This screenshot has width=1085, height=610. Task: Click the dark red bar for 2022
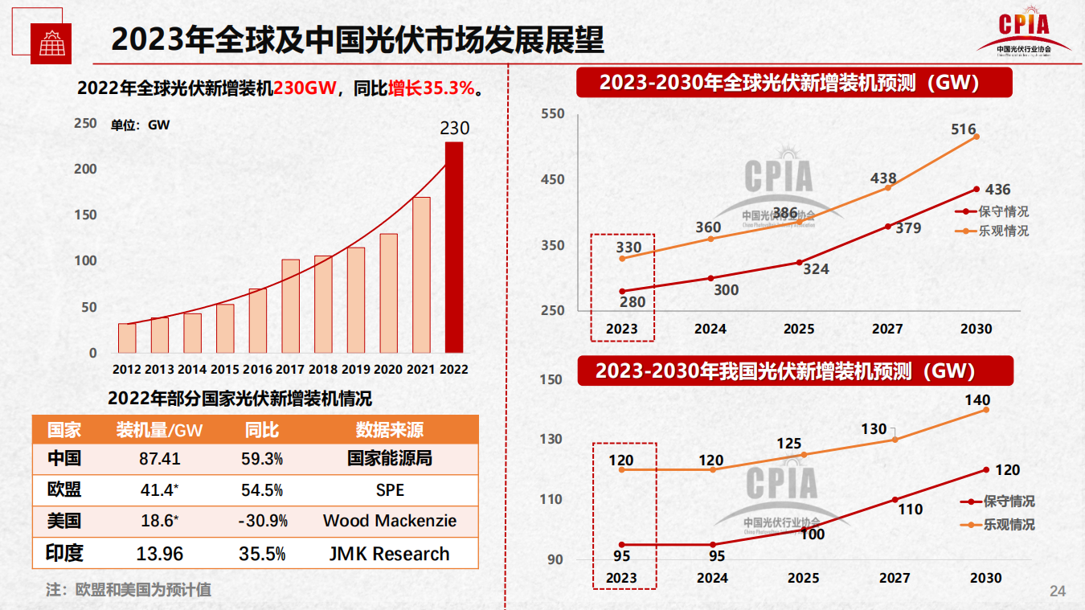point(454,248)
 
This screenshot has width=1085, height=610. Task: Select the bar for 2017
point(290,306)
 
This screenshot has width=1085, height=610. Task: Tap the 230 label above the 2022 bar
point(454,129)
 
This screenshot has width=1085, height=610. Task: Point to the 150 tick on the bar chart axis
point(85,215)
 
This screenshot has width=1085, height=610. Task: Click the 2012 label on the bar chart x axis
point(127,370)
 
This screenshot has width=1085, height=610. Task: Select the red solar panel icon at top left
point(51,43)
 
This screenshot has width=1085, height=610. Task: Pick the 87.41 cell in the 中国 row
point(160,459)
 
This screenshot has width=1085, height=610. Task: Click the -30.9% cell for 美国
point(263,521)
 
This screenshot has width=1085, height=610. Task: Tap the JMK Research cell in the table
point(389,554)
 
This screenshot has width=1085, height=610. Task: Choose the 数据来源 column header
point(389,430)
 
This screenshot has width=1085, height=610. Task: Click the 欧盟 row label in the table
point(64,490)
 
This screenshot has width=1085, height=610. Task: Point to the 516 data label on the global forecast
point(963,129)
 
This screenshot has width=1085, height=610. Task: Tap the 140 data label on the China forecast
point(977,400)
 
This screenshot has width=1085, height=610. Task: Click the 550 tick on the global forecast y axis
point(553,114)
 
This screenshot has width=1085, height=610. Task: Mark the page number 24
point(1058,592)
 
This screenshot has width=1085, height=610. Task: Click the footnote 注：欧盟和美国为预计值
point(129,589)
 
